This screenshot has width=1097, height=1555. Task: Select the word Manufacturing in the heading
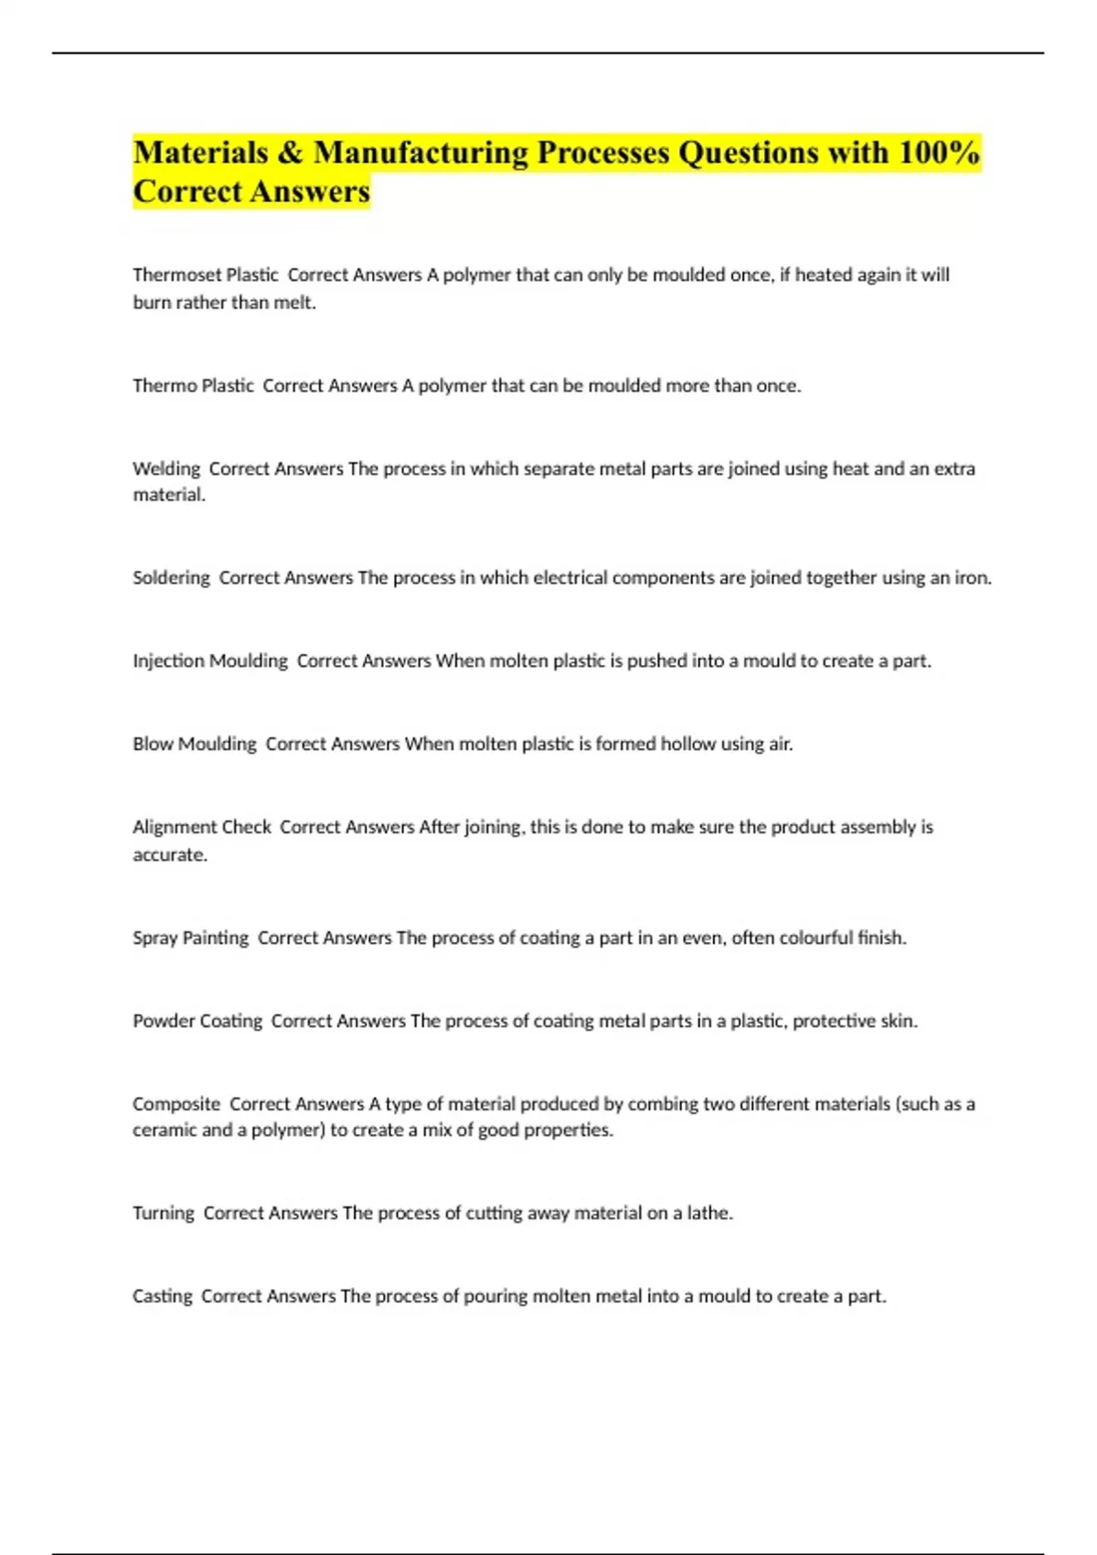pos(421,153)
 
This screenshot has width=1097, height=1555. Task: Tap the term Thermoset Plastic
pos(206,274)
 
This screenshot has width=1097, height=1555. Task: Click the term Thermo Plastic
pos(193,385)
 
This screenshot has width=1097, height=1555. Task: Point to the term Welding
pos(166,468)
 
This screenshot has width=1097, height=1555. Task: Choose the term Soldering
pos(171,577)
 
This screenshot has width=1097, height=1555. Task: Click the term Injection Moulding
pos(210,660)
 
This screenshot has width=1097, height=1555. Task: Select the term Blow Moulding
pos(195,744)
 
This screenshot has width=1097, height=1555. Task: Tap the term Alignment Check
pos(202,827)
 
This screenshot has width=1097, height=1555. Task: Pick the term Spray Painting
pos(190,938)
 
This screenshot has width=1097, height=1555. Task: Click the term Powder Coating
pos(197,1021)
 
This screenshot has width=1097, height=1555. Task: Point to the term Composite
pos(176,1104)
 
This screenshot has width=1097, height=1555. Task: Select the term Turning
pos(164,1213)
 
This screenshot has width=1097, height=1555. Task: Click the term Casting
pos(163,1296)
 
